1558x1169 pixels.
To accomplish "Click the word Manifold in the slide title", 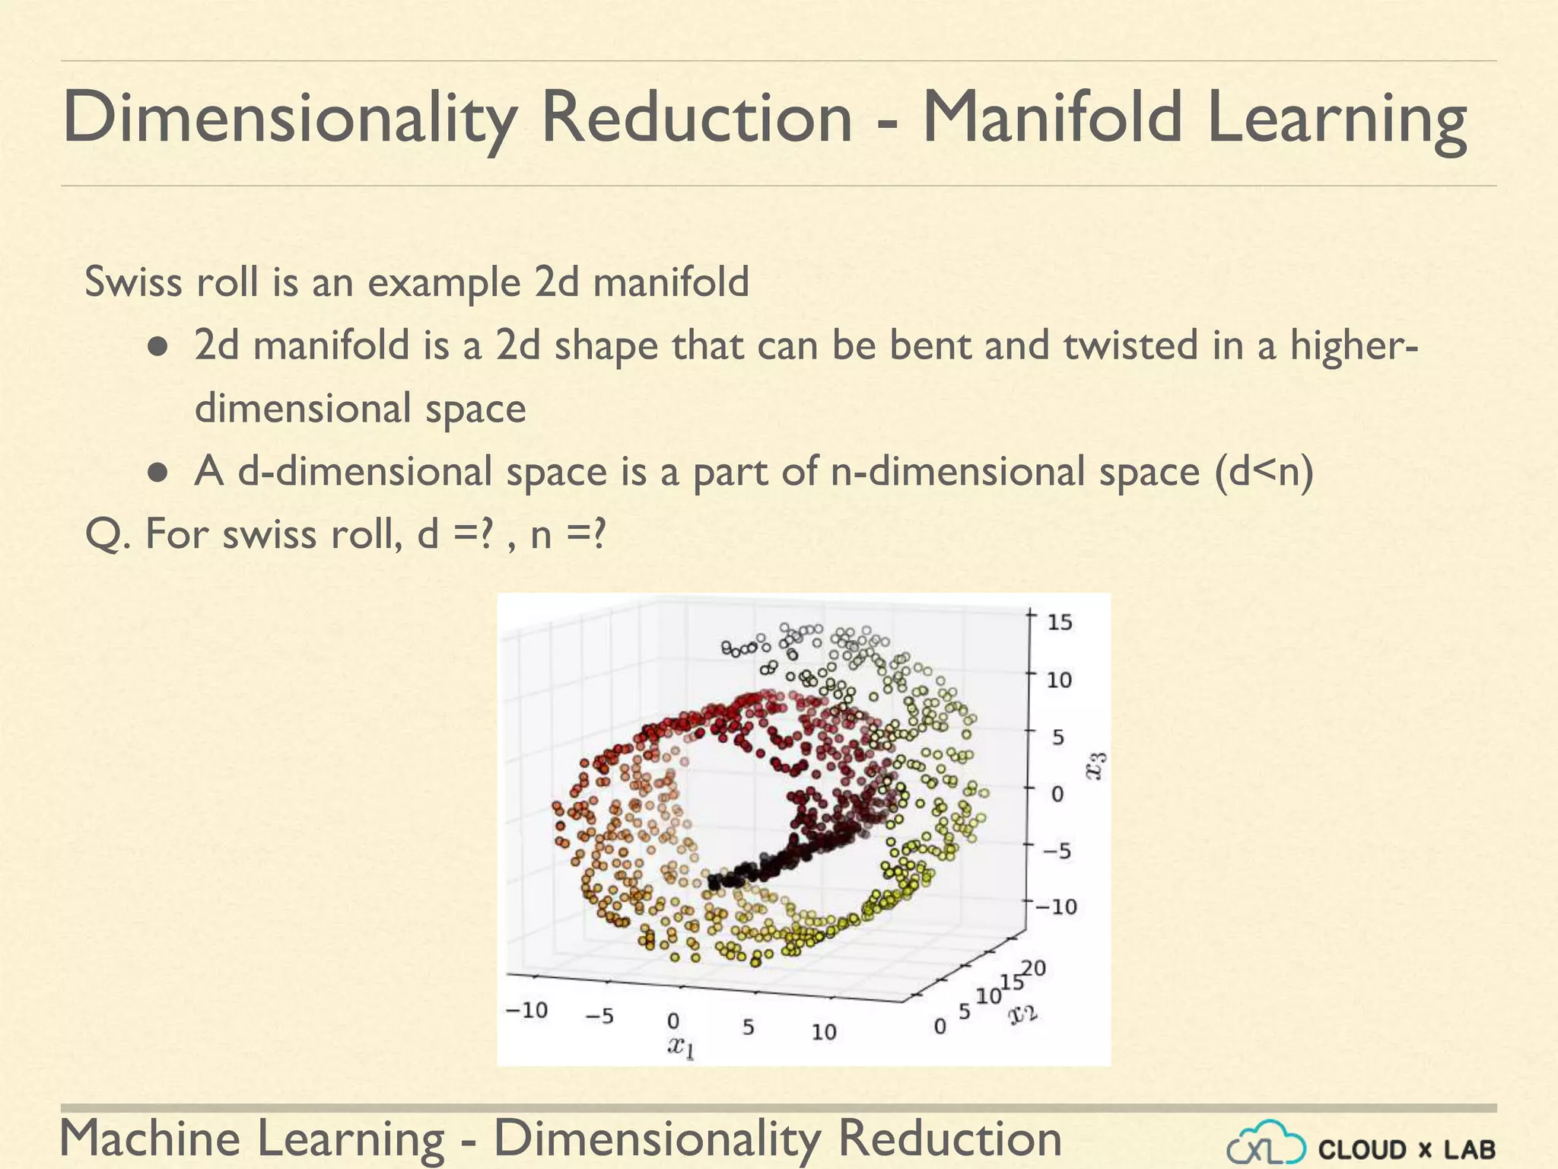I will click(x=1052, y=118).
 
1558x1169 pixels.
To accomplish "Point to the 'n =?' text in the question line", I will click(x=568, y=534).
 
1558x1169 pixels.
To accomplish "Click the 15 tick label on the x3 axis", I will click(x=1060, y=623).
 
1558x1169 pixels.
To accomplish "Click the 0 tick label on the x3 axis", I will click(x=1057, y=795).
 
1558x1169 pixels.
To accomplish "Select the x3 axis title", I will click(x=1096, y=766).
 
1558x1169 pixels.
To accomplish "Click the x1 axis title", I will click(x=681, y=1047).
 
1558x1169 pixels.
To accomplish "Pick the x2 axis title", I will click(x=1023, y=1014).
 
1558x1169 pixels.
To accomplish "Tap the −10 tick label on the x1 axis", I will click(x=526, y=1011).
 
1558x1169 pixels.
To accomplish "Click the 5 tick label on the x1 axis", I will click(x=749, y=1027).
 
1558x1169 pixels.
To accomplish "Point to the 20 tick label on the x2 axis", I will click(x=1034, y=969).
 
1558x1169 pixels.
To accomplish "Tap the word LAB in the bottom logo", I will click(x=1470, y=1149).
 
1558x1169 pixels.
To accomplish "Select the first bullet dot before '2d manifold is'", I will click(x=157, y=347).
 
